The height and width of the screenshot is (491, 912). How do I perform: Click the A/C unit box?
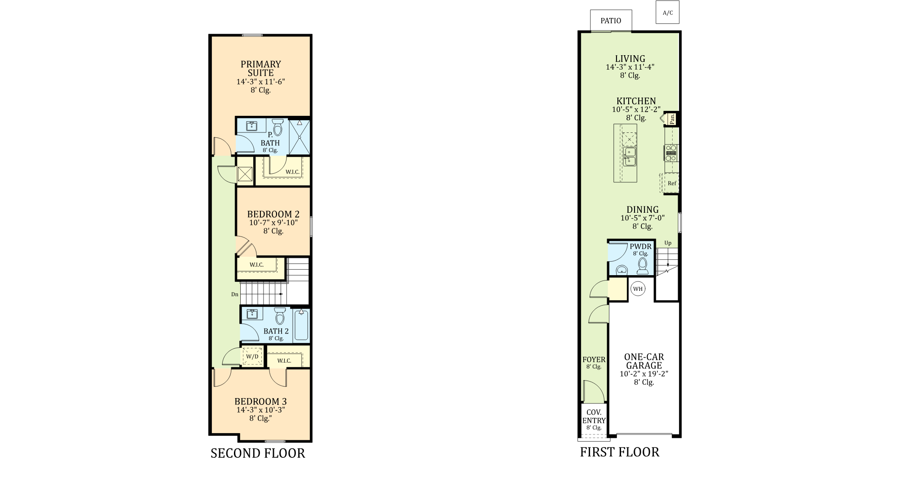[667, 12]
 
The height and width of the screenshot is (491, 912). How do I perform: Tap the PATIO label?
[611, 21]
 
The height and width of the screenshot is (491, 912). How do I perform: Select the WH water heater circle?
[638, 289]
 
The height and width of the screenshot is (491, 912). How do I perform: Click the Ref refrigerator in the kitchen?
[670, 183]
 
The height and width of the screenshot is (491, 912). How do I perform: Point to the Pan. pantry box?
[672, 118]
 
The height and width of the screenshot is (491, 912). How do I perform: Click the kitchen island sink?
[629, 157]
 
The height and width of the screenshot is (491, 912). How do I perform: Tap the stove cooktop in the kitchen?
[671, 153]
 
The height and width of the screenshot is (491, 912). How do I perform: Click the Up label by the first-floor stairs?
[668, 243]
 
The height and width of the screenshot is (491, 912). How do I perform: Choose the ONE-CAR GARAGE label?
[644, 361]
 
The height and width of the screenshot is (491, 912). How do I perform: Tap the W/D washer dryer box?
[252, 356]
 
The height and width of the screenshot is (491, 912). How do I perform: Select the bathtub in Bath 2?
[302, 325]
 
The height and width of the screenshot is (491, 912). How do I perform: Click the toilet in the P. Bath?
[278, 127]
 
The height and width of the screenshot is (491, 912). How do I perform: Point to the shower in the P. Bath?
[299, 136]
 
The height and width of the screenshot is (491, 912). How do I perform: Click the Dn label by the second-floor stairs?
[235, 294]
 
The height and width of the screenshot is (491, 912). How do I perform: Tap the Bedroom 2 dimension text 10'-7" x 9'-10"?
[273, 223]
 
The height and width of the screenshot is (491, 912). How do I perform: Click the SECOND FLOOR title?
[258, 453]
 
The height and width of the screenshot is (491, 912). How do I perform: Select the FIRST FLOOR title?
[620, 452]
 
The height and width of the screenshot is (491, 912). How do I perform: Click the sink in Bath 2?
[252, 313]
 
